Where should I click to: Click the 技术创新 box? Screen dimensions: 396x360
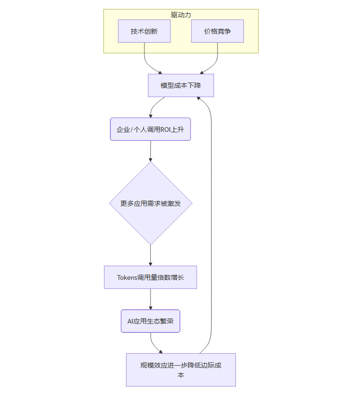(x=144, y=31)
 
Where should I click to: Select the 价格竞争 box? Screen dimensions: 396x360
(x=217, y=31)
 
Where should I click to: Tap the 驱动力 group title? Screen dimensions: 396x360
(x=181, y=15)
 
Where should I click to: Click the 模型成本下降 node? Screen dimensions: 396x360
(x=180, y=85)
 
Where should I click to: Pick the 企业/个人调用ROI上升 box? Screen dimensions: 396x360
(x=150, y=129)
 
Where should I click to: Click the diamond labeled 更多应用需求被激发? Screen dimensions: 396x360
(x=151, y=203)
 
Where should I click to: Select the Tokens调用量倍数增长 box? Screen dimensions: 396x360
(x=150, y=277)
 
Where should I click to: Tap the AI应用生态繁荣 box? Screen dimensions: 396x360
(x=150, y=321)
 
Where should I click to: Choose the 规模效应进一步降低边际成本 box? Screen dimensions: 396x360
(x=180, y=370)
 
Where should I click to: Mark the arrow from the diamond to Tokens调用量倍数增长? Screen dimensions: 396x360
(x=151, y=255)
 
